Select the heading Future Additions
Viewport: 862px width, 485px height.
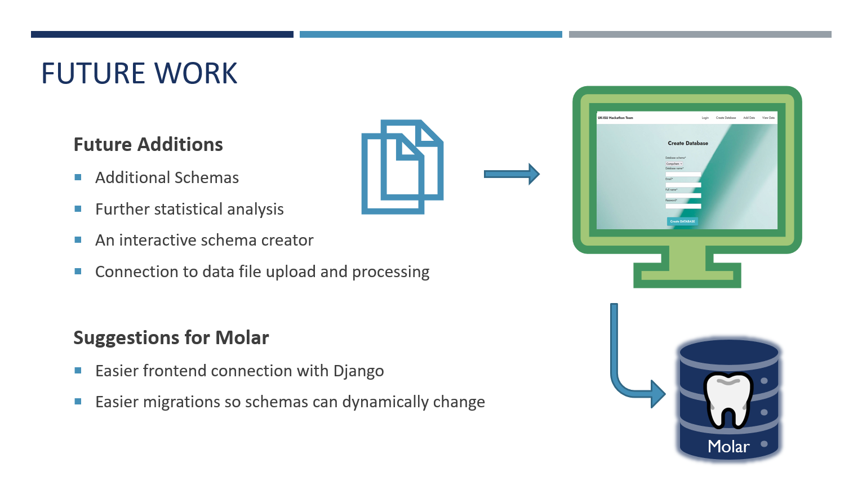[x=148, y=145]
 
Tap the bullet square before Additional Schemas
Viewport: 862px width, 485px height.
[x=78, y=177]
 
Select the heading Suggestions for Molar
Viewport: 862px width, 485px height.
[x=171, y=338]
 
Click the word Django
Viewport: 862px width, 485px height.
[x=358, y=371]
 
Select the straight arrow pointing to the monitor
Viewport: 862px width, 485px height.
[x=511, y=174]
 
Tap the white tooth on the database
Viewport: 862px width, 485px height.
[x=728, y=399]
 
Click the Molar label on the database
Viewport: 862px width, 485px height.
[x=728, y=447]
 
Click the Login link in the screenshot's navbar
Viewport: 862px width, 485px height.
[x=705, y=118]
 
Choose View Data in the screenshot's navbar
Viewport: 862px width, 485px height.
[x=768, y=118]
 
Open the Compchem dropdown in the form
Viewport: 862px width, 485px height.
[x=674, y=164]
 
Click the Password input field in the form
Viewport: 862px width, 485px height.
[x=683, y=206]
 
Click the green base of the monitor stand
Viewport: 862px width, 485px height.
[x=687, y=275]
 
